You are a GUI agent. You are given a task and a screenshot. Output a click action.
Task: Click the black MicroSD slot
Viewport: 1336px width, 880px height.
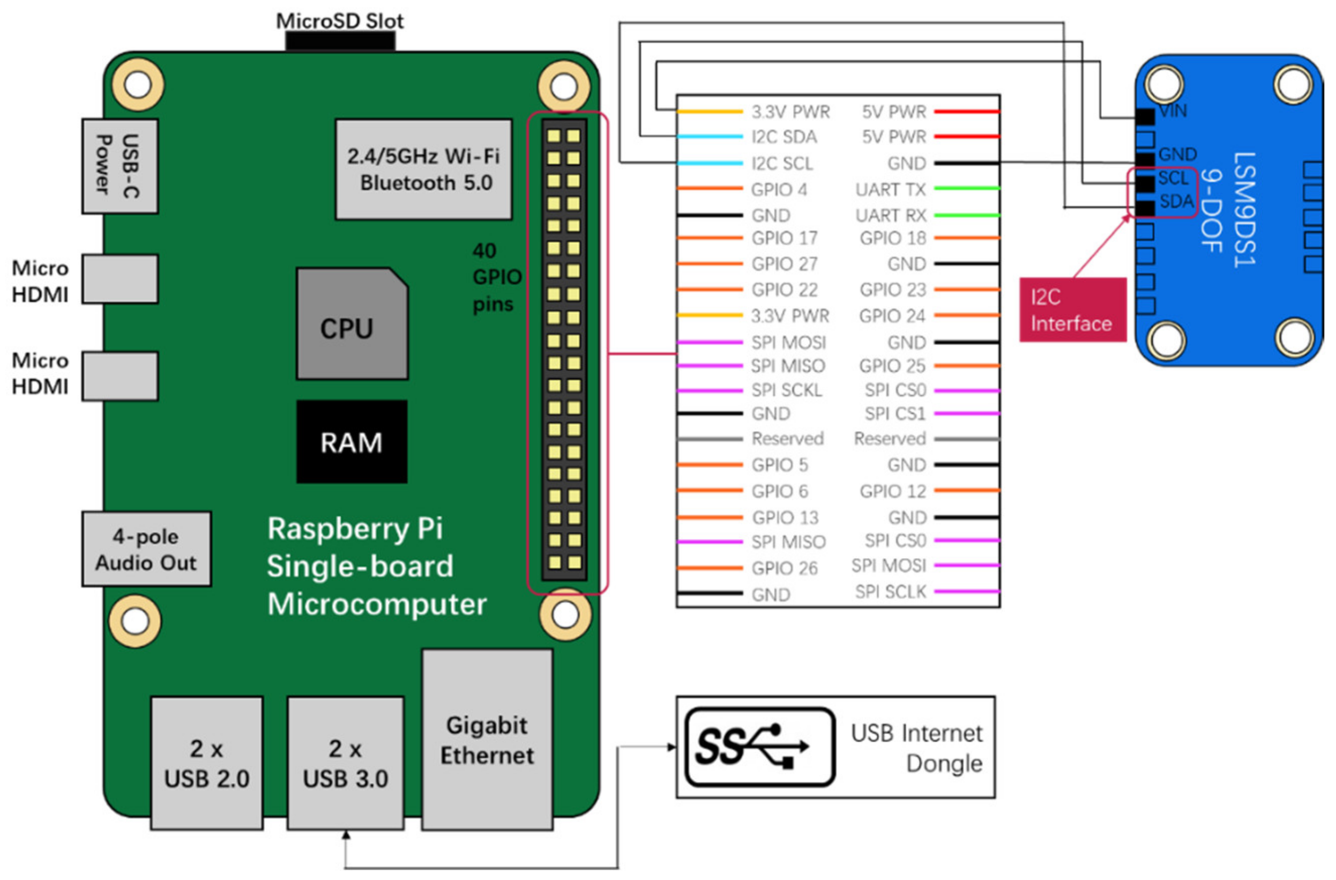340,41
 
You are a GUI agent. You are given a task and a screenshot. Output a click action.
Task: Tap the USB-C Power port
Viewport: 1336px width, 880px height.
120,166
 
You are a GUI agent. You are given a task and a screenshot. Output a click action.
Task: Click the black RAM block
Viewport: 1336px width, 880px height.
352,442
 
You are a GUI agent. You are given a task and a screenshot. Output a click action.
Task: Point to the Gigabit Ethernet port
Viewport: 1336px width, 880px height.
487,740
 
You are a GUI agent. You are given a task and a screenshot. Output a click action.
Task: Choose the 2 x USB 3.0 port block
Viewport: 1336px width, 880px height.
345,763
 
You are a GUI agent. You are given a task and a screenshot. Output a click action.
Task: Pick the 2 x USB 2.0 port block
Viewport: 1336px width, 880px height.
206,763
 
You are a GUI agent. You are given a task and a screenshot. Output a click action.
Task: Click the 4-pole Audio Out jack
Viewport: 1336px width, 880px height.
146,549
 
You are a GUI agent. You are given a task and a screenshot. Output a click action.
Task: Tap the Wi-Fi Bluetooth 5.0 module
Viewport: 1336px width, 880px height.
423,169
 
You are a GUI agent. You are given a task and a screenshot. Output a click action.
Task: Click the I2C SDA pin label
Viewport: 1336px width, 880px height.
783,137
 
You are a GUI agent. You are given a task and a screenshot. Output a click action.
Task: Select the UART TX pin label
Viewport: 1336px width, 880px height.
890,190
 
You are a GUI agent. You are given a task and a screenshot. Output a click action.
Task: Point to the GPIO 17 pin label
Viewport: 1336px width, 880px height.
784,238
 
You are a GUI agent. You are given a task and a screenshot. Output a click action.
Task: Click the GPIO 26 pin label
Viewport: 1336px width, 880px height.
784,568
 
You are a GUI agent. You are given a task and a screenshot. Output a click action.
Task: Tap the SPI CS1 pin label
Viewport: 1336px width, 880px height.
895,414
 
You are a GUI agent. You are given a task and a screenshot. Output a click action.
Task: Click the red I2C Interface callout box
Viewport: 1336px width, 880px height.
1072,310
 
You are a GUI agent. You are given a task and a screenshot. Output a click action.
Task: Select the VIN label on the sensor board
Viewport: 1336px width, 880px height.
1173,111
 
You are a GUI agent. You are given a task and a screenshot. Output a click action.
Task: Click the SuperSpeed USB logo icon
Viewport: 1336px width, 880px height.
759,747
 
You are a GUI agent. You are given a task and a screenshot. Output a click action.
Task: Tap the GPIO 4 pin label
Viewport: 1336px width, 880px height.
779,190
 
